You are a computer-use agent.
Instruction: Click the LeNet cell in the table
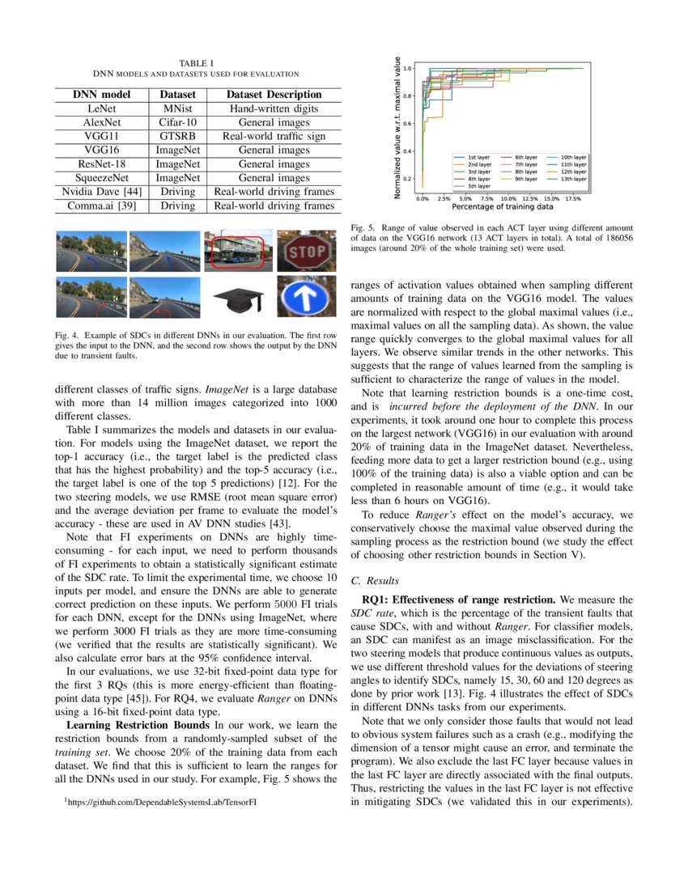click(x=101, y=108)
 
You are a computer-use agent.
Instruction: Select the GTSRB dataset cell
click(x=176, y=136)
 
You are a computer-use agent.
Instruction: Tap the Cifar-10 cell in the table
click(x=176, y=122)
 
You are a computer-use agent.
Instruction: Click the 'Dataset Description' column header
click(x=274, y=95)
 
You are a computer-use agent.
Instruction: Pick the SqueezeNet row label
click(x=101, y=178)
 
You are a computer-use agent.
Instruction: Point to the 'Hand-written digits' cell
click(x=274, y=108)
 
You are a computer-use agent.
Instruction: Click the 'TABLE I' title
click(x=197, y=63)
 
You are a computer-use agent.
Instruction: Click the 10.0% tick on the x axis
click(x=508, y=197)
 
